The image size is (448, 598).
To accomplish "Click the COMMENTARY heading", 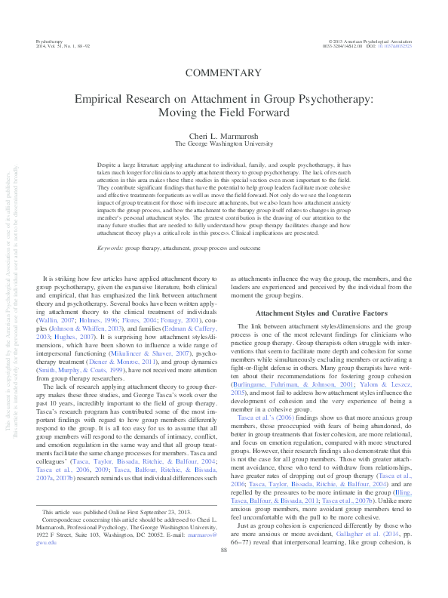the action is click(x=223, y=72).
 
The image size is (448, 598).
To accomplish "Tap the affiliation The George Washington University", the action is click(x=223, y=142).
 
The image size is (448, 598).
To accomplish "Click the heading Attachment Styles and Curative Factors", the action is click(x=320, y=291).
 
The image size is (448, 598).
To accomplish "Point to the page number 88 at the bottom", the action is click(x=223, y=571).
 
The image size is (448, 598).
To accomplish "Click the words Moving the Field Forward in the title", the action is click(x=223, y=113).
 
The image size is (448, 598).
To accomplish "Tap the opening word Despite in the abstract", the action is click(x=109, y=163).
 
